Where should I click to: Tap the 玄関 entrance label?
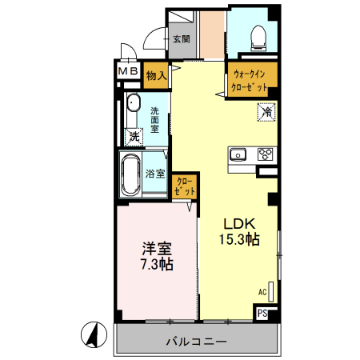click(x=180, y=38)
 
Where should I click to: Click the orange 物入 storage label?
click(x=157, y=77)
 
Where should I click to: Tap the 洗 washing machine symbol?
click(x=134, y=136)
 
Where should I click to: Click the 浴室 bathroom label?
click(x=155, y=173)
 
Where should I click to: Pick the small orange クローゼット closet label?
click(x=185, y=187)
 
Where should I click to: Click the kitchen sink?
click(x=238, y=154)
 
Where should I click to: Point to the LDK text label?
click(x=238, y=223)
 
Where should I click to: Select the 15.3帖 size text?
click(x=238, y=239)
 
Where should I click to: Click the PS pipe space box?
click(x=263, y=313)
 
